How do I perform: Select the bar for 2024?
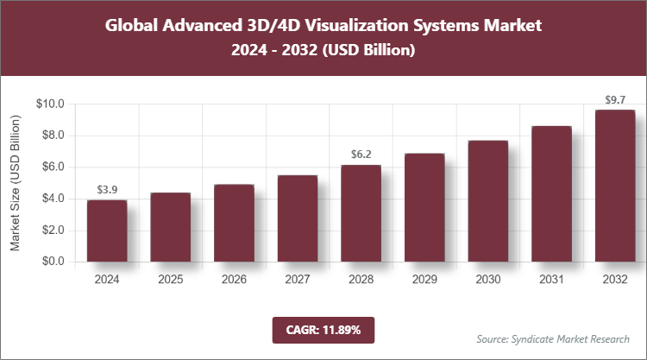(x=107, y=231)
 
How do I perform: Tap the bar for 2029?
(x=424, y=207)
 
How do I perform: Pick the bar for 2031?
(x=551, y=193)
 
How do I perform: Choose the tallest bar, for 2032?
(x=615, y=186)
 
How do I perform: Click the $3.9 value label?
(x=107, y=189)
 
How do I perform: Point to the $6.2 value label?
(x=361, y=154)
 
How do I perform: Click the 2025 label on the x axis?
(x=171, y=280)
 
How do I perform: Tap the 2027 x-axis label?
(x=298, y=280)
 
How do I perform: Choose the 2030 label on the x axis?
(x=488, y=280)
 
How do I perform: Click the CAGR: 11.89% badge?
(x=323, y=330)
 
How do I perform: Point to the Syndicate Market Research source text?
(x=553, y=338)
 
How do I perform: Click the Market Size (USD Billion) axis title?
(x=16, y=182)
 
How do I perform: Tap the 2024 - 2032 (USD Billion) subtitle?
(x=323, y=51)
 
